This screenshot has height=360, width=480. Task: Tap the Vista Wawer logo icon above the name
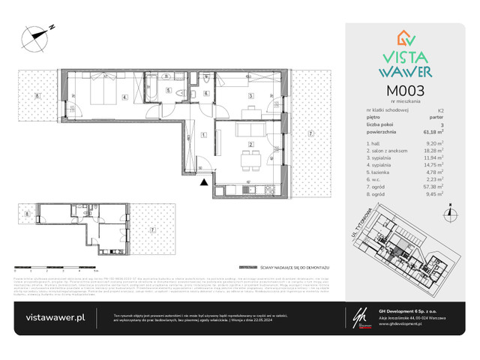[x=406, y=40]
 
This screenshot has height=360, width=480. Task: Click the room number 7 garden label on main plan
[x=309, y=135]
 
